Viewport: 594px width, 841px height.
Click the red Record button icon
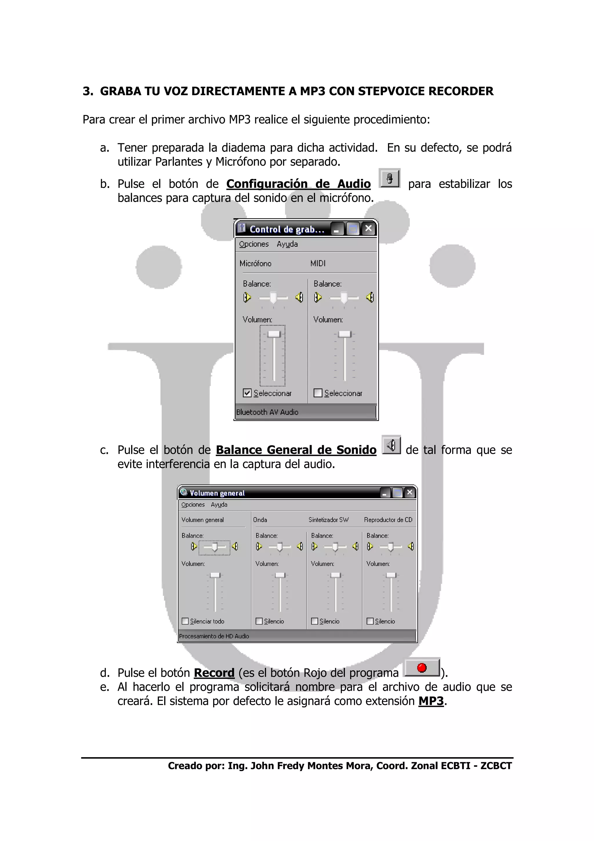[422, 668]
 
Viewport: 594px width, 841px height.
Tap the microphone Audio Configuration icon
[390, 178]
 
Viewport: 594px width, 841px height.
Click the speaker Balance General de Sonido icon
[391, 445]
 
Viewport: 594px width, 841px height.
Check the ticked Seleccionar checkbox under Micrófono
[247, 393]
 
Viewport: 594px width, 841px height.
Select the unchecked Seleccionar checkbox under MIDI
[318, 393]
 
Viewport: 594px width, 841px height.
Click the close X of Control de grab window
[369, 229]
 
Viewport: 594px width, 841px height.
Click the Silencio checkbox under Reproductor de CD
[370, 621]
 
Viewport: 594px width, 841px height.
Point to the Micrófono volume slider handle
[274, 334]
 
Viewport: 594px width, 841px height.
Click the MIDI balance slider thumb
[344, 298]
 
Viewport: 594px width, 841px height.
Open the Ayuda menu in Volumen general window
[219, 505]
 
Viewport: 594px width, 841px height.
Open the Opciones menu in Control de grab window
[253, 244]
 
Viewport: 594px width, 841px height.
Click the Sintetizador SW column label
[328, 520]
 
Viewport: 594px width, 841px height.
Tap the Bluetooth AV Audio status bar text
[267, 412]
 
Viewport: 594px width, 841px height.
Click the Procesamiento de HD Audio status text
[214, 636]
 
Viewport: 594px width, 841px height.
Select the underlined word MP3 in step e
[431, 701]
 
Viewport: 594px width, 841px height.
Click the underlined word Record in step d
[214, 673]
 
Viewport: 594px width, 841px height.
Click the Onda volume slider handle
[280, 575]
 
